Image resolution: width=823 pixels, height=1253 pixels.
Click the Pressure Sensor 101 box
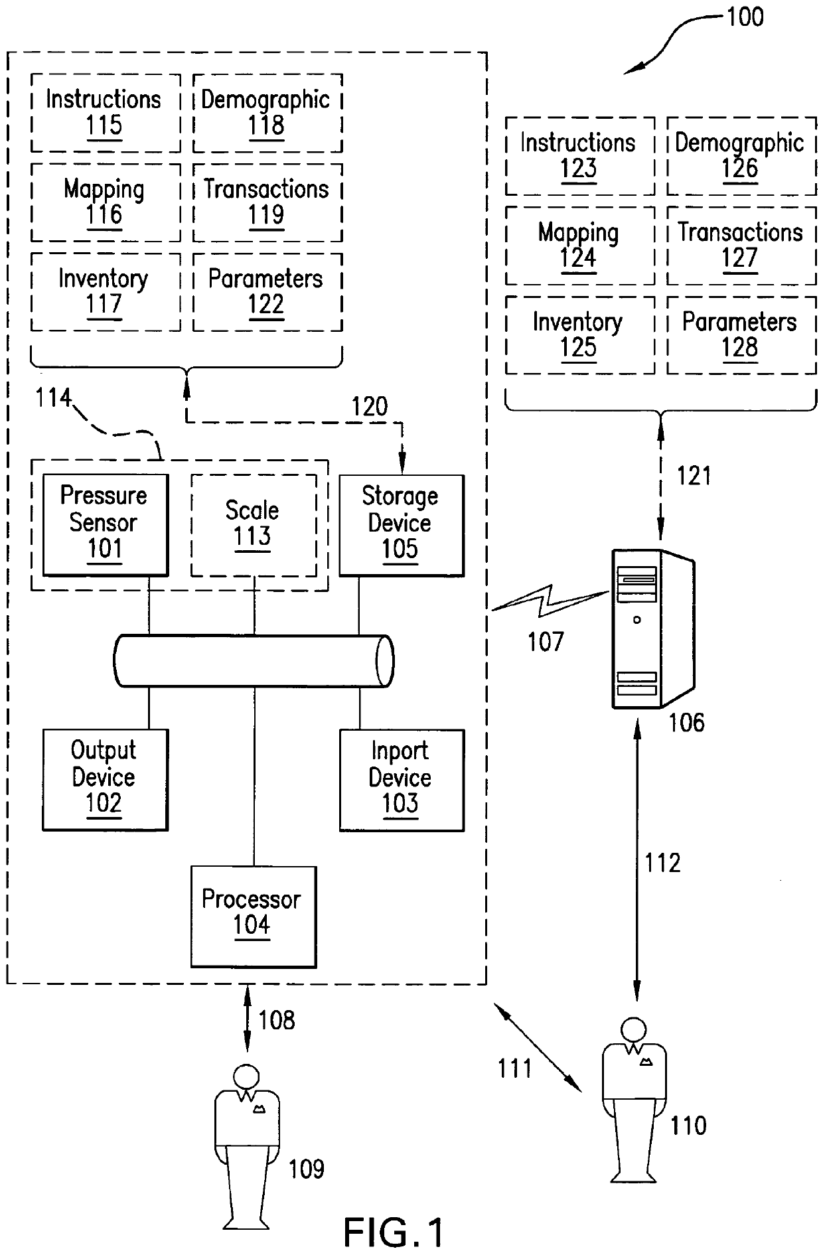[105, 524]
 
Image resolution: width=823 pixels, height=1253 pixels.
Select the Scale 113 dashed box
[253, 525]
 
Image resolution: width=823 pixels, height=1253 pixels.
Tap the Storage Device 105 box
[401, 524]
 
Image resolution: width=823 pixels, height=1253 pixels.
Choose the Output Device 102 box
[105, 779]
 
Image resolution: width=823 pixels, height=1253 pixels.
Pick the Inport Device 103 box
[401, 780]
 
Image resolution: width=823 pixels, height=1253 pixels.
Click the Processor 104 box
[253, 916]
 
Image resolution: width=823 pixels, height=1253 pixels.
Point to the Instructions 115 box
[105, 113]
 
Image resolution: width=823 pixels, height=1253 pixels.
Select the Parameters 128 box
[741, 335]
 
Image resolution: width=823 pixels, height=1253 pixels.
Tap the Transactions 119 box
[267, 202]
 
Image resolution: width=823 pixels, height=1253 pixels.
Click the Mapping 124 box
[579, 246]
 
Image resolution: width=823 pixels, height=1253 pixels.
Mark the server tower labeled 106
[650, 627]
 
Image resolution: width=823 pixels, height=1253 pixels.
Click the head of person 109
[248, 1076]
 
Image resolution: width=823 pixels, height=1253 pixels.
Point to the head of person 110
[634, 1029]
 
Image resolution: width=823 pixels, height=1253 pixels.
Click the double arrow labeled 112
[638, 863]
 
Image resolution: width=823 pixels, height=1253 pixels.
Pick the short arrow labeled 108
[248, 1019]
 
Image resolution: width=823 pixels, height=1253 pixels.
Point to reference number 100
[745, 17]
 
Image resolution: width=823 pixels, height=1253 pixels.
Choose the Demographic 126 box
[741, 156]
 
